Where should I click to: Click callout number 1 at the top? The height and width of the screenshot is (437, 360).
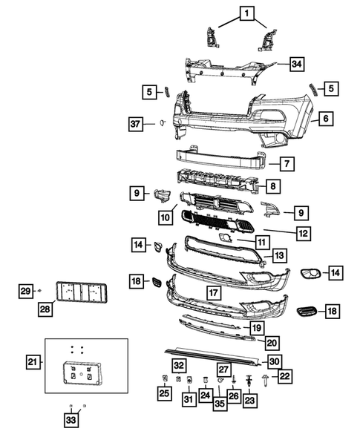coord(246,12)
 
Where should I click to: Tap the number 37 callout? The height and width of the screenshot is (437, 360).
coord(136,123)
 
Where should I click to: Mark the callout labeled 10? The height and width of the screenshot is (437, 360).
coord(165,217)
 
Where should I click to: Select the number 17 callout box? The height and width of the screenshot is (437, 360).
coord(212,292)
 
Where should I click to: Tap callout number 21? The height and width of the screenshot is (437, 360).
coord(32,361)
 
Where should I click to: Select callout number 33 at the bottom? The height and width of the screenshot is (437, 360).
coord(72,421)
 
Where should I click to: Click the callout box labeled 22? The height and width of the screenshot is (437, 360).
coord(284,378)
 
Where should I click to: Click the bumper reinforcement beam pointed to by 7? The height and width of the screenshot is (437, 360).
coord(220,158)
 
